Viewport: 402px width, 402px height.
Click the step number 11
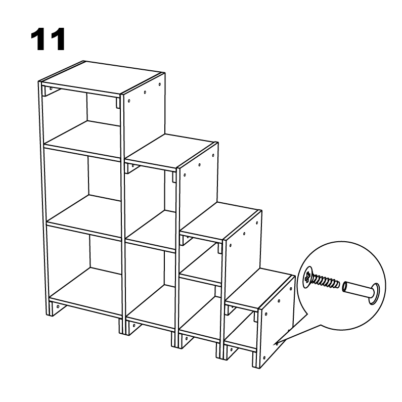point(48,39)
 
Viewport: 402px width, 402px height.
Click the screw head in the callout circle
point(308,278)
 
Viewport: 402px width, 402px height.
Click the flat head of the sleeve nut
point(375,294)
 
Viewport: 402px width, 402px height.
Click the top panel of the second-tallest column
point(170,151)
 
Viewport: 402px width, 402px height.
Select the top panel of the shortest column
point(259,288)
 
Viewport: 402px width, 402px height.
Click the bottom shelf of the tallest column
point(86,290)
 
